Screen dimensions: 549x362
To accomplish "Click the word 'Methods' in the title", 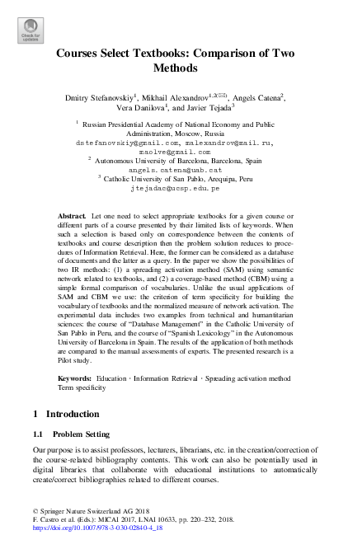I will [181, 68].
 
